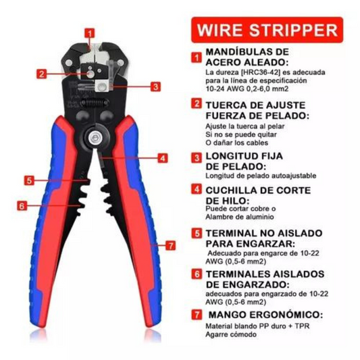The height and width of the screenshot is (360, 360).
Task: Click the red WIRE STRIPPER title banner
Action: [x=267, y=30]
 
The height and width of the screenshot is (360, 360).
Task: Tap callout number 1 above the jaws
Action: [x=90, y=33]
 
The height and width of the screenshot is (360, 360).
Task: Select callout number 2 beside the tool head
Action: [x=42, y=74]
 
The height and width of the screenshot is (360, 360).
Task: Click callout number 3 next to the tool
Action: [x=155, y=86]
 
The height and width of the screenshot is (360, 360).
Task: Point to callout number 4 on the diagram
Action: [x=163, y=158]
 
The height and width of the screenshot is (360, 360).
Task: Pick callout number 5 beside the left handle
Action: [x=29, y=180]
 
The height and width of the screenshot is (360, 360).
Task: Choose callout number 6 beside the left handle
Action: [x=22, y=205]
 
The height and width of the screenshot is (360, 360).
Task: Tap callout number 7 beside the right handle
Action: [x=170, y=245]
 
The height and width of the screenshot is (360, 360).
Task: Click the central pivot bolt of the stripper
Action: [x=94, y=138]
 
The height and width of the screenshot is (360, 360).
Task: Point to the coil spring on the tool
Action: [x=95, y=103]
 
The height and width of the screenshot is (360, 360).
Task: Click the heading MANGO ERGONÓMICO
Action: [x=265, y=315]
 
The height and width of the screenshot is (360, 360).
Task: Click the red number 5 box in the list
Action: [x=197, y=233]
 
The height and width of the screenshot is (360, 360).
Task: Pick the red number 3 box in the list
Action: [x=197, y=157]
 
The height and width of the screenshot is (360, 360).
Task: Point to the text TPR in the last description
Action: [x=302, y=326]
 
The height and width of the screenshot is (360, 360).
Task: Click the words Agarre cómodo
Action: [x=231, y=334]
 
